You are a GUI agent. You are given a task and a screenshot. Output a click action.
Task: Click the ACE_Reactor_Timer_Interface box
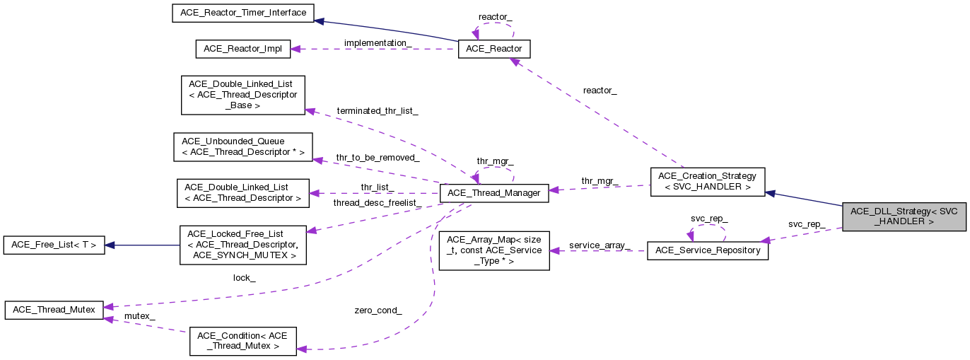(243, 13)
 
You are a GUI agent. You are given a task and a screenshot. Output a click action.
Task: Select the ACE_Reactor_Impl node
(242, 49)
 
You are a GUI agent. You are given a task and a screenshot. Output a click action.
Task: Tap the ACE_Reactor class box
(494, 49)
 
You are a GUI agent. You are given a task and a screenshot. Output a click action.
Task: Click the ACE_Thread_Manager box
(494, 192)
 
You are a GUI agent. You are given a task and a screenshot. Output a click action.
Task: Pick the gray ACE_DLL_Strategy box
(904, 216)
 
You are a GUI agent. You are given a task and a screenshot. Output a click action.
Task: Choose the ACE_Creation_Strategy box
(707, 181)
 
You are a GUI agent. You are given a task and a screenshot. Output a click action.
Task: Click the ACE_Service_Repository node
(707, 250)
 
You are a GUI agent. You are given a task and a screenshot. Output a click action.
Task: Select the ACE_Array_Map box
(494, 250)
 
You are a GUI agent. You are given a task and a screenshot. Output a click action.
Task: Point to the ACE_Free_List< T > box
(54, 245)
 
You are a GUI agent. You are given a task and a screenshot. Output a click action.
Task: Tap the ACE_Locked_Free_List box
(242, 245)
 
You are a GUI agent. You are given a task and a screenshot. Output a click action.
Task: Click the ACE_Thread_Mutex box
(54, 309)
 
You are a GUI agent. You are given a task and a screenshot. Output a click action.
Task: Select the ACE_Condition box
(242, 340)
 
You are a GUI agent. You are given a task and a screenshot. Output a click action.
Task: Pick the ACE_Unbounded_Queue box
(242, 146)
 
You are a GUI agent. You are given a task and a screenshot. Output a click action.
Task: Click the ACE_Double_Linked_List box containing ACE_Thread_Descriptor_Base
(242, 95)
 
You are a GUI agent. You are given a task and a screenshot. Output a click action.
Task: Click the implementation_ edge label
(378, 42)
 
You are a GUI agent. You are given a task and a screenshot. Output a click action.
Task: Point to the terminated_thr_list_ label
(378, 111)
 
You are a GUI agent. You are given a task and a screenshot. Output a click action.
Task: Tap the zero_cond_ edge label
(378, 310)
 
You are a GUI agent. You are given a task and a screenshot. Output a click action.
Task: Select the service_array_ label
(600, 245)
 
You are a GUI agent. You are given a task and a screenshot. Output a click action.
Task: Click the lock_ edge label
(244, 278)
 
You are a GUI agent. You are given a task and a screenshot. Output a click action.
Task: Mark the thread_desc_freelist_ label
(378, 203)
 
